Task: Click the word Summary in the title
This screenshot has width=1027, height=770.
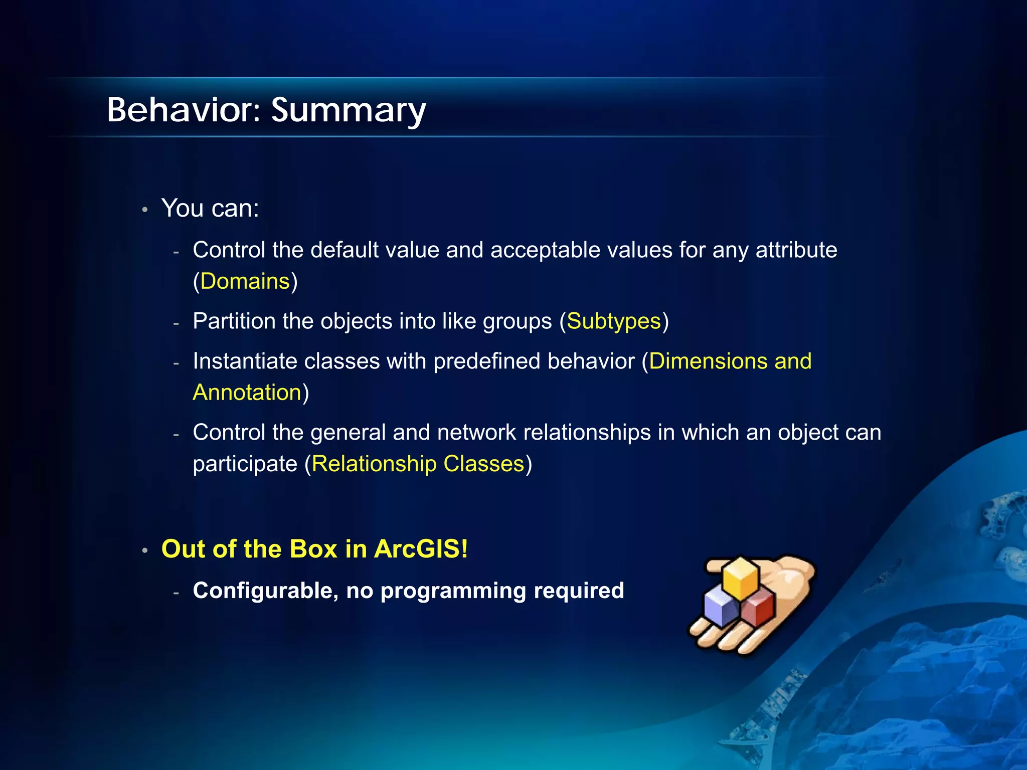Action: tap(349, 111)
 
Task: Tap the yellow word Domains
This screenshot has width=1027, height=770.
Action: tap(245, 281)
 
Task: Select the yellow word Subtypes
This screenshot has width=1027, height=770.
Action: tap(614, 321)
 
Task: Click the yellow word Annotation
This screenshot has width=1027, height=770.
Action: tap(247, 393)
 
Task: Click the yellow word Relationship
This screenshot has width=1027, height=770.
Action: tap(374, 464)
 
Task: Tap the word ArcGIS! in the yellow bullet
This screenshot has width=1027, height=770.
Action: tap(421, 549)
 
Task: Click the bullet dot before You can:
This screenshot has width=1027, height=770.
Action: tap(144, 210)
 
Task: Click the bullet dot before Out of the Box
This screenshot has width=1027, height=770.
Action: tap(144, 550)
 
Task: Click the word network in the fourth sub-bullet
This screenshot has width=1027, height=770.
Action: tap(476, 433)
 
